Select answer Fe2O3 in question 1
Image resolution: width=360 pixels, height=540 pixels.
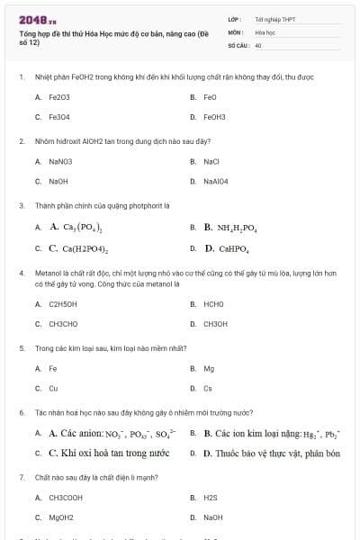[x=59, y=96]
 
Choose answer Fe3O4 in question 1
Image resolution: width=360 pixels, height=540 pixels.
[x=59, y=117]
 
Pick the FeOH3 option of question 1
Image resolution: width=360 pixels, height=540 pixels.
[x=215, y=117]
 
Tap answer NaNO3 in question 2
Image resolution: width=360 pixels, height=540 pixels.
[x=60, y=161]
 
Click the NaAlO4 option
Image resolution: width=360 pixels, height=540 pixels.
[x=217, y=182]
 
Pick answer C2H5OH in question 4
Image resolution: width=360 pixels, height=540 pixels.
[x=62, y=304]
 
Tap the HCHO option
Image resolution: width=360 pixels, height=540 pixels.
[x=214, y=304]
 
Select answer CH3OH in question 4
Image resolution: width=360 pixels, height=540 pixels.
[x=215, y=324]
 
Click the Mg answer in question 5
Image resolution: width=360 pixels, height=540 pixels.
[x=209, y=368]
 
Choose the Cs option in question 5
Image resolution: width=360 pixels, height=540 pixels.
[x=208, y=389]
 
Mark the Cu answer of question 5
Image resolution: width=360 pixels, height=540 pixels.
[x=53, y=389]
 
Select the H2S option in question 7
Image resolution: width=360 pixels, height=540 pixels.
[x=211, y=497]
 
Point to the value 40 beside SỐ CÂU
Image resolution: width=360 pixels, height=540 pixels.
[x=258, y=43]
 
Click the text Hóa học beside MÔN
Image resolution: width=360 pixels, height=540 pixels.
[x=265, y=31]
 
